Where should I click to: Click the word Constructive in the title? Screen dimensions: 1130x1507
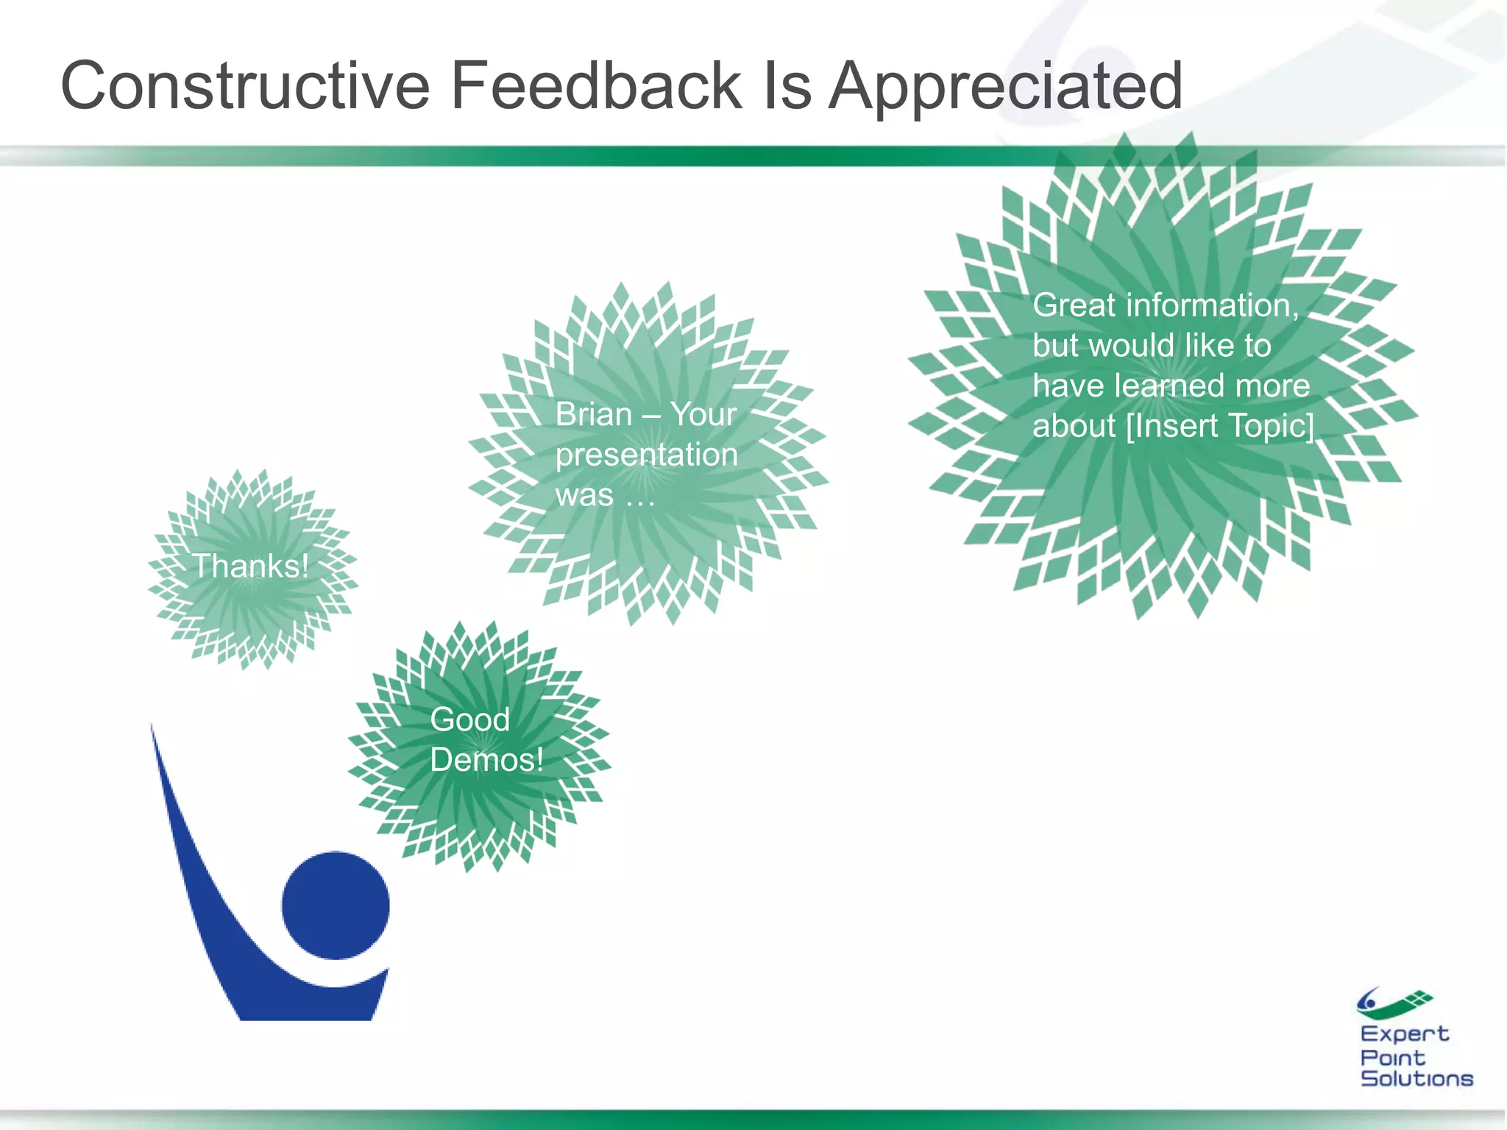[x=245, y=86]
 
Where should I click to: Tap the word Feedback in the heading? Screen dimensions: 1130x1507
[x=596, y=86]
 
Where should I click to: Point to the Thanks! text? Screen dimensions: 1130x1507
[x=250, y=566]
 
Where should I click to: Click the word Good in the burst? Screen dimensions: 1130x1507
[x=469, y=719]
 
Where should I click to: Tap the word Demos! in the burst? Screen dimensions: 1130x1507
[x=486, y=760]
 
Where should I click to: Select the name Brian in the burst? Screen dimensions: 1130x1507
[x=593, y=414]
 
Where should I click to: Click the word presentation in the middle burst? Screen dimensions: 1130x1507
[x=646, y=455]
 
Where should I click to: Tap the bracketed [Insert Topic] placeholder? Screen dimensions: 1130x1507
[x=1219, y=426]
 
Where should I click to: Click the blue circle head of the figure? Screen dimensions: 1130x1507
[x=336, y=905]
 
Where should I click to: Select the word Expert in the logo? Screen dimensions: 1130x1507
[x=1404, y=1034]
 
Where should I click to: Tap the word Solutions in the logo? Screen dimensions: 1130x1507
[x=1416, y=1079]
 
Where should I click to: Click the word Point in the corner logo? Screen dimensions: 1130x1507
[x=1392, y=1057]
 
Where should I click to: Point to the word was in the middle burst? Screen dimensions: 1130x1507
[x=584, y=495]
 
